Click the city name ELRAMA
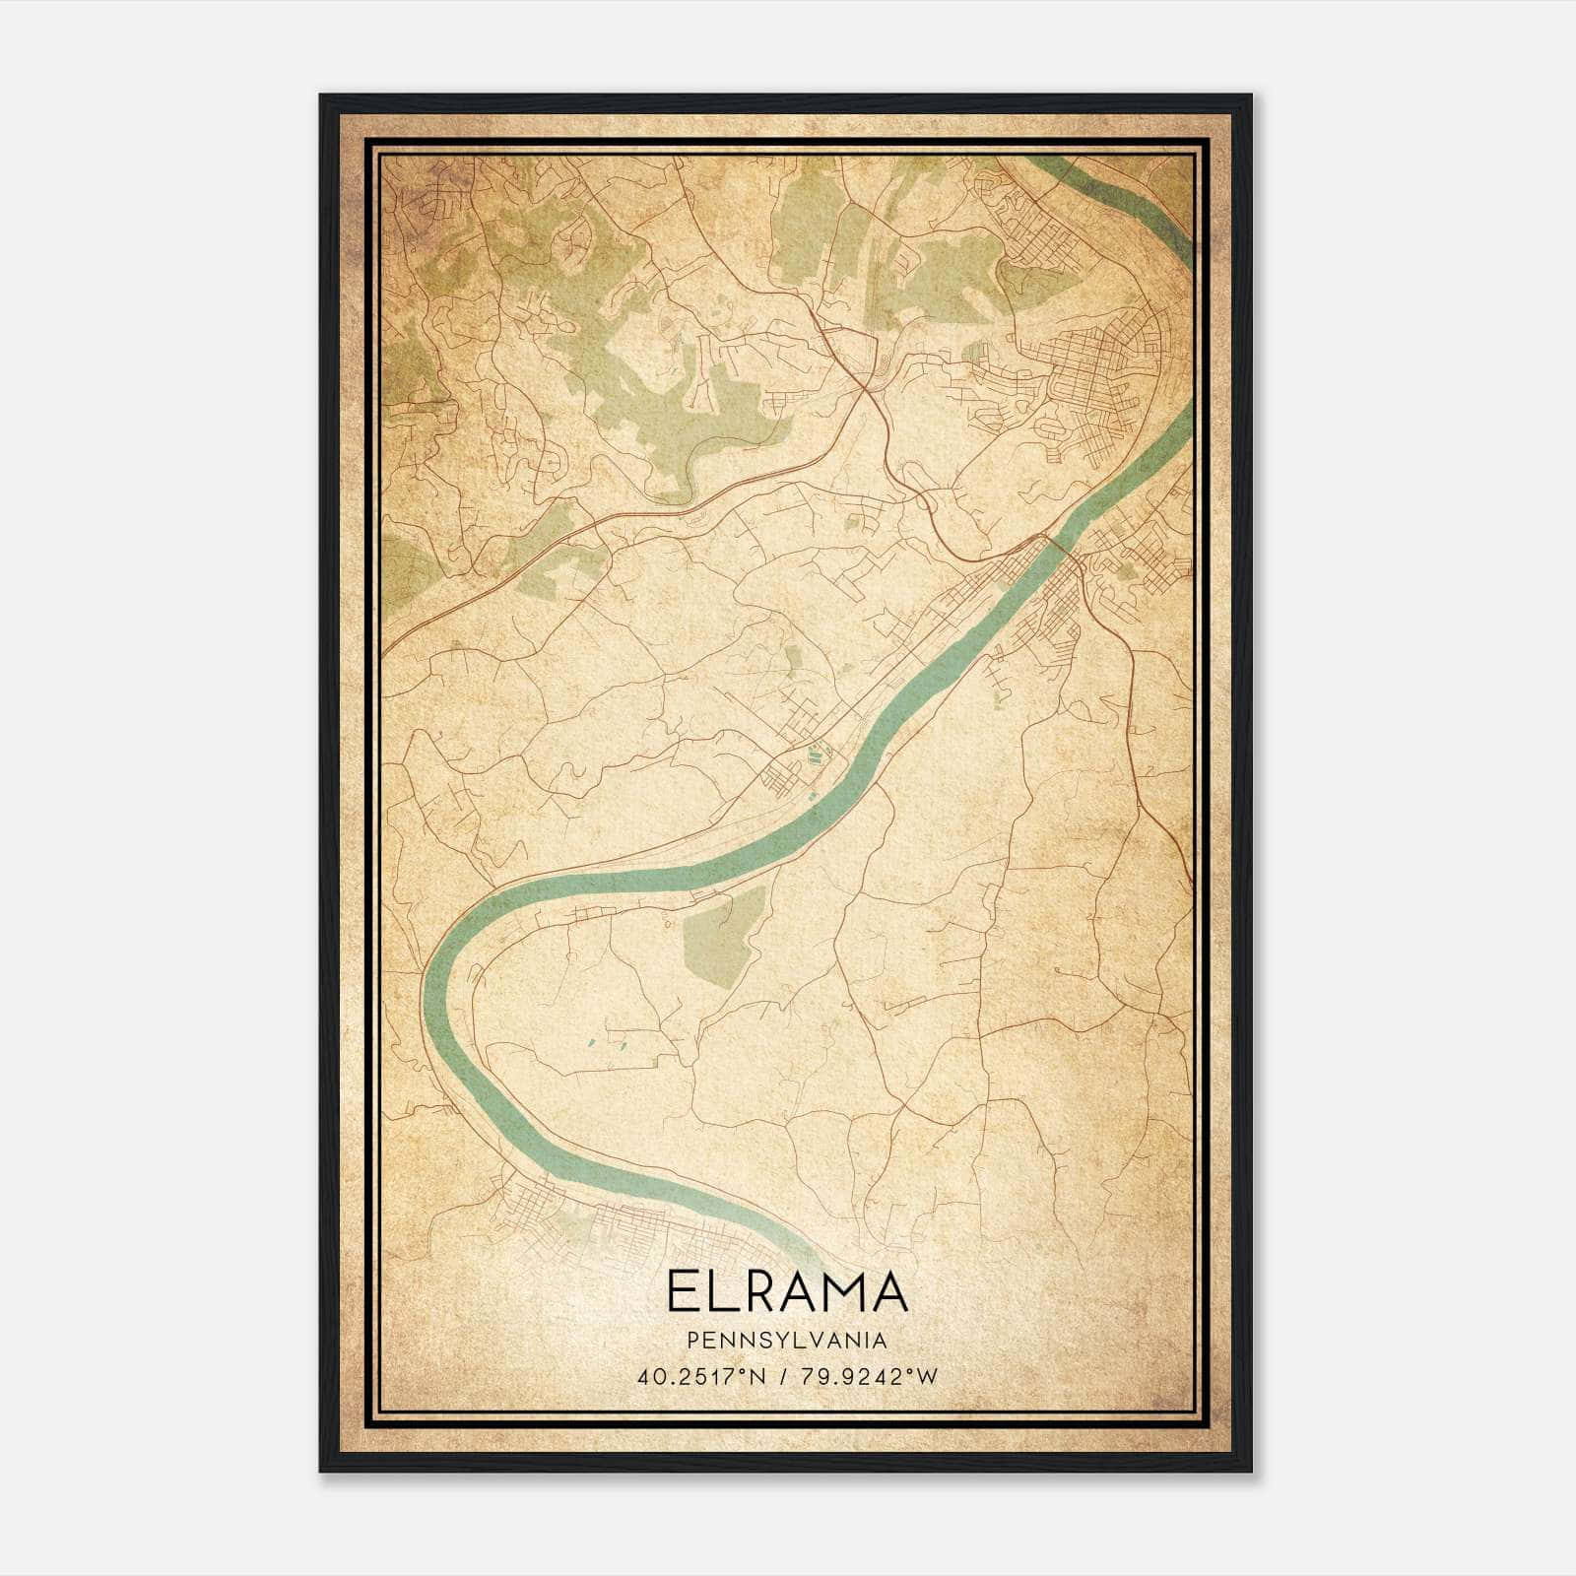tap(787, 1291)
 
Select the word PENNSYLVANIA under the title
tap(787, 1341)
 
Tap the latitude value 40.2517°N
tap(699, 1377)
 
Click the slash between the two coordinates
tap(780, 1377)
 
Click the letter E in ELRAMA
tap(683, 1291)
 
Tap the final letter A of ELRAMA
tap(886, 1291)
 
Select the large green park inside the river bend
tap(723, 935)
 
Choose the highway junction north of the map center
tap(867, 389)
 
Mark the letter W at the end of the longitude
tap(928, 1377)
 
